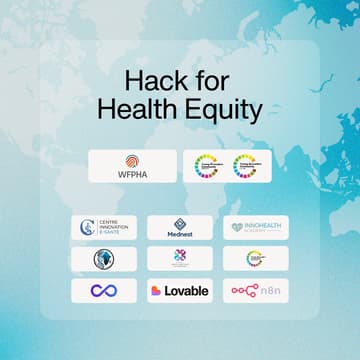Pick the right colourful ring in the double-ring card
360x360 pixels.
[x=247, y=166]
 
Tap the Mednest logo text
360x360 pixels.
[x=180, y=235]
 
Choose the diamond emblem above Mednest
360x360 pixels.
[x=180, y=223]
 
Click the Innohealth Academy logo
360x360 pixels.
[x=255, y=227]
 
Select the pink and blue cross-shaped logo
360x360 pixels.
[x=180, y=258]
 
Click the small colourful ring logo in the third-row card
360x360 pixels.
[x=255, y=258]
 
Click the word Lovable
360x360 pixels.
[x=187, y=290]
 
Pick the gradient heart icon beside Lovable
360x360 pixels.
[x=156, y=290]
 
